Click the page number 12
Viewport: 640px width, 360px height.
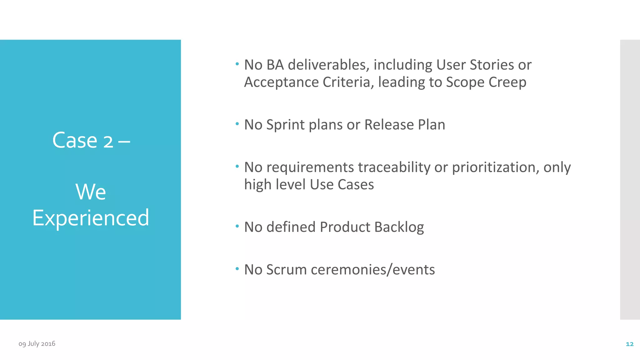629,344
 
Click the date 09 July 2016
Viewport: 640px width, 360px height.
37,344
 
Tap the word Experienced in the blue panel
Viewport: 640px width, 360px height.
91,218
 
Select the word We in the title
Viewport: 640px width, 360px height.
91,192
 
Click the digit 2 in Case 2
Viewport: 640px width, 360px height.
108,141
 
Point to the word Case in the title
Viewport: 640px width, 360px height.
75,140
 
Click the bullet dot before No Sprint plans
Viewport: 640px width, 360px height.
237,124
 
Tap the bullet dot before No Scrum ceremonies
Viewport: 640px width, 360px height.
237,268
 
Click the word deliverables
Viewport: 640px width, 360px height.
328,65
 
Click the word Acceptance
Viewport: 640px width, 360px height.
281,82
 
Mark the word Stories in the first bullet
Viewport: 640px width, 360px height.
492,65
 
